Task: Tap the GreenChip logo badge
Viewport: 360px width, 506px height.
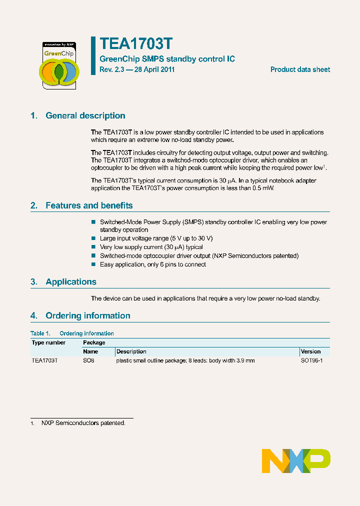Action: tap(58, 65)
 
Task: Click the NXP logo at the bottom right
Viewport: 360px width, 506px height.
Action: tap(296, 460)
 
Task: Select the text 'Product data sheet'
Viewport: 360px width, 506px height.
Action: tap(300, 69)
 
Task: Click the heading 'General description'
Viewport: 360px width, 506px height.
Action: tap(85, 115)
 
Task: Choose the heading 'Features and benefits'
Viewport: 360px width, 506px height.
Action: tap(89, 205)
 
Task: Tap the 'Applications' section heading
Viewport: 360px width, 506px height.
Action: tap(71, 282)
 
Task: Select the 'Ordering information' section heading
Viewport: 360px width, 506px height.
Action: tap(87, 315)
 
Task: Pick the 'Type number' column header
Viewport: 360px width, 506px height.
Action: tap(48, 342)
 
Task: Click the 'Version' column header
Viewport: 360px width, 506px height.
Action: tap(310, 351)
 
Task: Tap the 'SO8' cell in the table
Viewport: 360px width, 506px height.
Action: tap(88, 360)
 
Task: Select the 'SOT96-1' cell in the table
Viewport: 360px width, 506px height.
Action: tap(311, 360)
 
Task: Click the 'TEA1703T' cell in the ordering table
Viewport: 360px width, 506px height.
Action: tap(44, 360)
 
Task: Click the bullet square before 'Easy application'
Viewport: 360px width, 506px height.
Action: tap(93, 264)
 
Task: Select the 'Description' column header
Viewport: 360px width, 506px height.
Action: tap(131, 351)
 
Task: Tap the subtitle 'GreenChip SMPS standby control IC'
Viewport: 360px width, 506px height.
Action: tap(167, 59)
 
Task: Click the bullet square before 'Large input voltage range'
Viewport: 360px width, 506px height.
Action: tap(93, 238)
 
